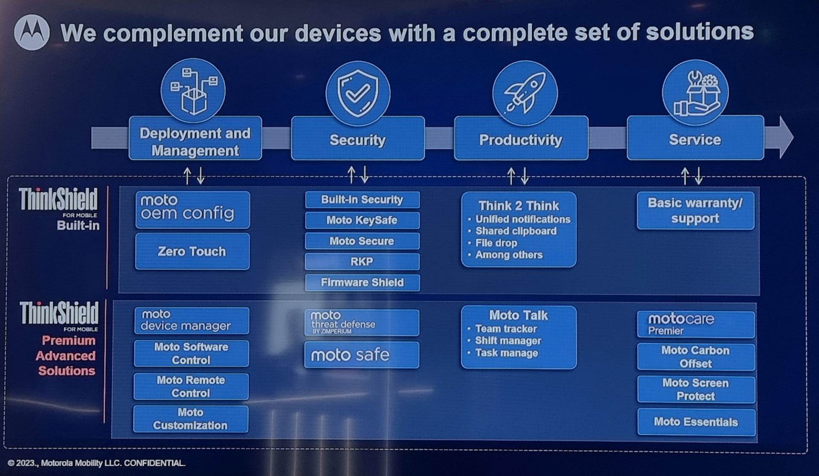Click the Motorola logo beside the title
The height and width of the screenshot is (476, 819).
[x=32, y=32]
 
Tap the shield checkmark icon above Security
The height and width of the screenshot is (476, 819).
[x=357, y=93]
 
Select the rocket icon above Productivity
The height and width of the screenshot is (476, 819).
[x=524, y=93]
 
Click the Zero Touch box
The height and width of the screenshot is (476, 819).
[x=192, y=251]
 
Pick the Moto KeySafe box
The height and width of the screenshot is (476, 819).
[x=362, y=220]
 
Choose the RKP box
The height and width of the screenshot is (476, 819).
[x=362, y=261]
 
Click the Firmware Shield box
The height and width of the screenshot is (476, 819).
[x=362, y=282]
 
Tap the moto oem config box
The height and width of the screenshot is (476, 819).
[x=192, y=209]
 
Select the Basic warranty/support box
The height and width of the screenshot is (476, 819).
[x=695, y=210]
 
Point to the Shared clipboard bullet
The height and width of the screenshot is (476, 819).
[x=516, y=231]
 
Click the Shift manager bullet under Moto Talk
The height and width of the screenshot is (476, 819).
[x=508, y=341]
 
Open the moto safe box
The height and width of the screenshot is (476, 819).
[x=361, y=355]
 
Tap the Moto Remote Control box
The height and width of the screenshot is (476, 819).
[x=191, y=386]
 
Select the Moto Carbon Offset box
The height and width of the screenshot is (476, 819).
[x=695, y=357]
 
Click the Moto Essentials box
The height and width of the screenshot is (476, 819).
[x=696, y=422]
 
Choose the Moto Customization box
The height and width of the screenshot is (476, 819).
[x=190, y=419]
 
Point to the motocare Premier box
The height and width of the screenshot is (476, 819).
[x=695, y=324]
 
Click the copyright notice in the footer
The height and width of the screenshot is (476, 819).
[x=96, y=463]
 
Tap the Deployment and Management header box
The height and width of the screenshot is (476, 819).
[x=195, y=142]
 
